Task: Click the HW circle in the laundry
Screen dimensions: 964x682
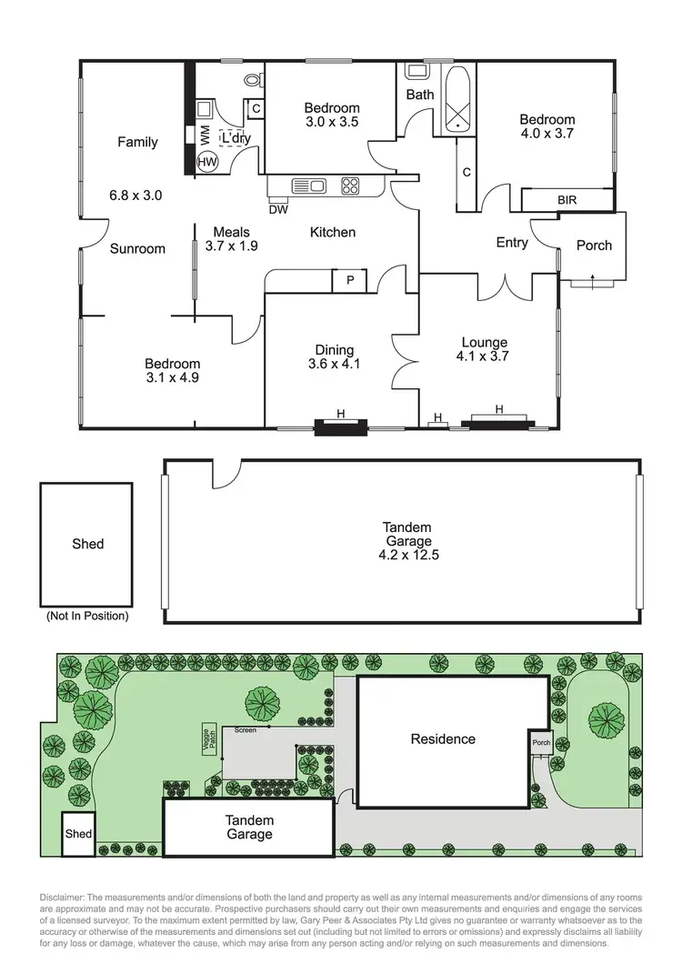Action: click(x=208, y=161)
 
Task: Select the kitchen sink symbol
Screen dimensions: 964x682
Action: click(x=309, y=186)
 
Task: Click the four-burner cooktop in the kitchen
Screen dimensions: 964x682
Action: click(x=350, y=186)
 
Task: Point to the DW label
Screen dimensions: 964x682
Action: click(x=279, y=210)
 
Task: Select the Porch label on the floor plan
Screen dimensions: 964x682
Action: click(x=595, y=245)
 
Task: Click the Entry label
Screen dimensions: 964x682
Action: click(x=512, y=243)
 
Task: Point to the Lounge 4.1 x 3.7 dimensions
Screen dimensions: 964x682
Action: click(x=481, y=356)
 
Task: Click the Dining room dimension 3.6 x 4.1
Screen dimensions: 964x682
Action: click(x=333, y=366)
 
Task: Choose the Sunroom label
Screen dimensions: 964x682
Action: click(x=138, y=248)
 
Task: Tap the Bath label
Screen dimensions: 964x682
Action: click(x=420, y=94)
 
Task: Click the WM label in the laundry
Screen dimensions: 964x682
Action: click(x=205, y=134)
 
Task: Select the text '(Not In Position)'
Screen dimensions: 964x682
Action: click(x=87, y=616)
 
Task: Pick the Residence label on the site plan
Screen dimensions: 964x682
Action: click(x=442, y=738)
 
